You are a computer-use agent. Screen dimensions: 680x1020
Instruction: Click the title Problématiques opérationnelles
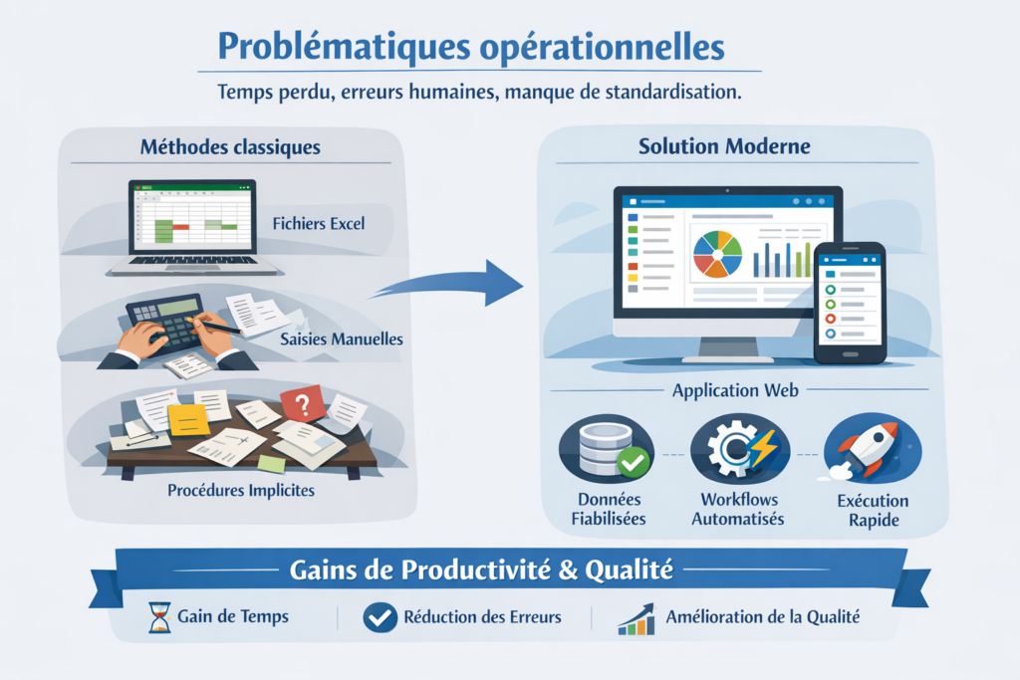coord(470,48)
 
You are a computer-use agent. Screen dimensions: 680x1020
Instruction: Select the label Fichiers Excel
coord(319,223)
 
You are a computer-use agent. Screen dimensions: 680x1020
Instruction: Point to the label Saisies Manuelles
coord(342,340)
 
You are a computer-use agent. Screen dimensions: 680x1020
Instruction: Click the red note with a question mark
coord(303,402)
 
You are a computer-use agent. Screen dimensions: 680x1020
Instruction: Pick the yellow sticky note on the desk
coord(188,419)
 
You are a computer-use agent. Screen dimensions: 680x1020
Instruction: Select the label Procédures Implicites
coord(241,490)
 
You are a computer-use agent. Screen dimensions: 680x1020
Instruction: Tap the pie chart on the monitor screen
coord(717,253)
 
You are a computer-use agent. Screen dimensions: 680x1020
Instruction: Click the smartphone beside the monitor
coord(850,303)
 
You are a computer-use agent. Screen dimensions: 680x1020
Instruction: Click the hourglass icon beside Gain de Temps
coord(158,617)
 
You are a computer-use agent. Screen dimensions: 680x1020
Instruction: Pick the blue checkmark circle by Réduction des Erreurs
coord(380,617)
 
